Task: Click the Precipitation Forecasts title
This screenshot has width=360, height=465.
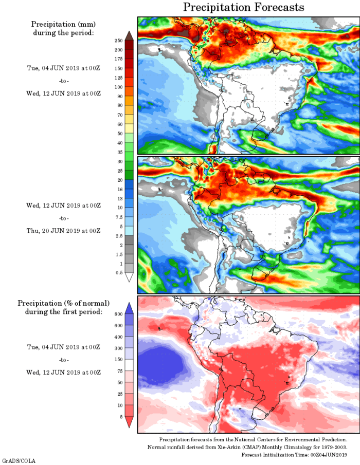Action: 244,7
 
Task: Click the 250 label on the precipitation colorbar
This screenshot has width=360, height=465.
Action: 118,40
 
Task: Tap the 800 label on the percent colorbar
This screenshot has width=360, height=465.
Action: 118,314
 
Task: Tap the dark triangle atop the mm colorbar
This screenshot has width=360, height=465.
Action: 129,35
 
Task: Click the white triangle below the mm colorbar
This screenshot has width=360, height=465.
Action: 129,277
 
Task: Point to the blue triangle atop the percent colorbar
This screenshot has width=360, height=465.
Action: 129,308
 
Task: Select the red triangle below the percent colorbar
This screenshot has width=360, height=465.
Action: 129,422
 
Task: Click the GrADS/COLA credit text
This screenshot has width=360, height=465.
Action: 19,460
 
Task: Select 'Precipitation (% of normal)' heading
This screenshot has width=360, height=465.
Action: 64,303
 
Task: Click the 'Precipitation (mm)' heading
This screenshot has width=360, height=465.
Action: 64,24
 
